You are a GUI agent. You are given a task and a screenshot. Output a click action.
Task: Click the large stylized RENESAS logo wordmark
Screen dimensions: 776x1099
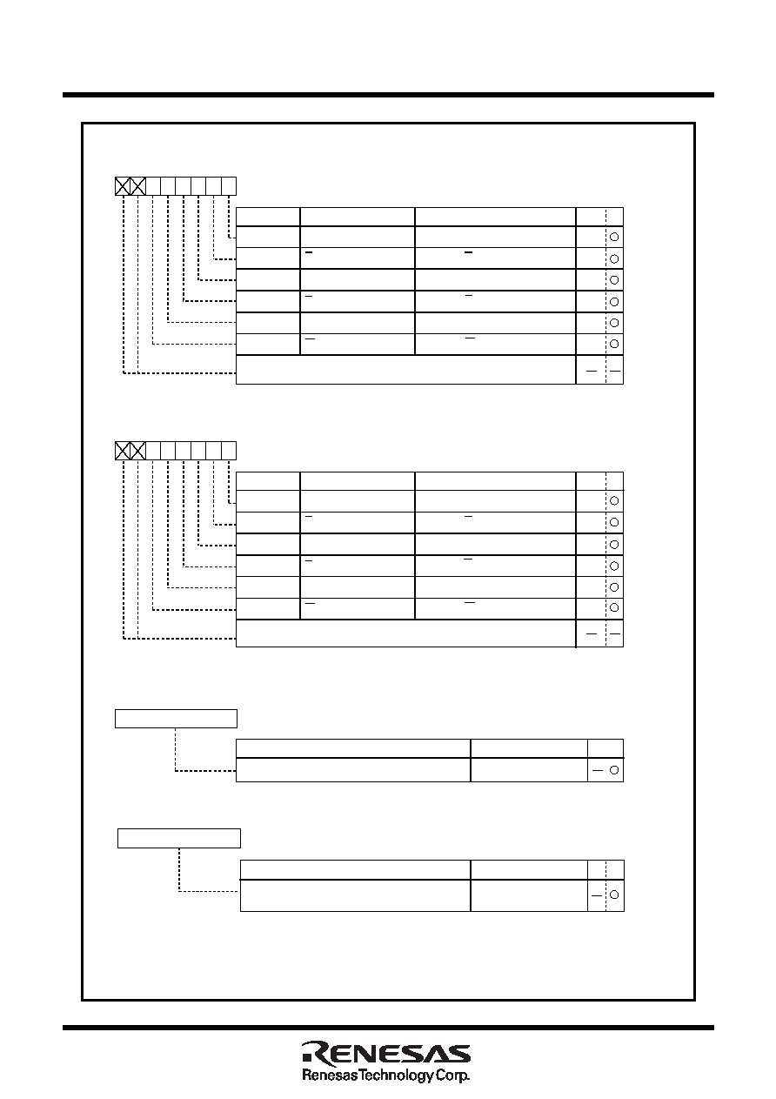click(386, 1054)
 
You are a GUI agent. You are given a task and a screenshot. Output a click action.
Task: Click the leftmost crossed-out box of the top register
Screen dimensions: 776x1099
click(123, 186)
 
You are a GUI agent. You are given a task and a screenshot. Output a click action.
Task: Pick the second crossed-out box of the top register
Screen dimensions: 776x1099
click(137, 186)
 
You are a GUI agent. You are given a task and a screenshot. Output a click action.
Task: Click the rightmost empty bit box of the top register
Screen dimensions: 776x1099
click(229, 186)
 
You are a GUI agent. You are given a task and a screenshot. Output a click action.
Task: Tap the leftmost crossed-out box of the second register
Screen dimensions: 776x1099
click(123, 451)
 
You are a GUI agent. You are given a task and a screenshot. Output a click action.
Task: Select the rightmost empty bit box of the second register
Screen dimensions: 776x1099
click(229, 451)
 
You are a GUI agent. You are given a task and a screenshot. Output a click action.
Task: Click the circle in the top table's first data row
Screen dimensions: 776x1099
click(614, 237)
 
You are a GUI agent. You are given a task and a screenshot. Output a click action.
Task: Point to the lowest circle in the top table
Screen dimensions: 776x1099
click(614, 344)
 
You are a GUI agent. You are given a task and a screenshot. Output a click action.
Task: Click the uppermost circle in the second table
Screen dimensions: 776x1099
click(614, 501)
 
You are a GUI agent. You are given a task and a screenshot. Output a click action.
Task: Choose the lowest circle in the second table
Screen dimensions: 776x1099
click(614, 608)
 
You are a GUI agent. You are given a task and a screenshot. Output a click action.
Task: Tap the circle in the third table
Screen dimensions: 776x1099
click(614, 770)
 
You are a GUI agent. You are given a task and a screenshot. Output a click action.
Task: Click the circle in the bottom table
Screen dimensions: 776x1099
click(614, 895)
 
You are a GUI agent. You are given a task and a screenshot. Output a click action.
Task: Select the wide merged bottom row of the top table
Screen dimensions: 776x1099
click(405, 370)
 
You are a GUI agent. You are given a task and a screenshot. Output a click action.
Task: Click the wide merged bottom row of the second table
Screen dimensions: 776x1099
click(405, 633)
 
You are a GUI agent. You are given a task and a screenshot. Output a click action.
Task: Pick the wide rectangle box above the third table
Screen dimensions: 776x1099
click(176, 719)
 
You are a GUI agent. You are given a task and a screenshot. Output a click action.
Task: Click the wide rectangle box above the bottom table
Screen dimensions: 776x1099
click(179, 839)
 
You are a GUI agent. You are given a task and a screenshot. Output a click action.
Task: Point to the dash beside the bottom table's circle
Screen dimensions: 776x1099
click(597, 895)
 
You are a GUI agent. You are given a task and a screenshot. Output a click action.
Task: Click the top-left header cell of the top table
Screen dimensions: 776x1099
click(268, 217)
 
